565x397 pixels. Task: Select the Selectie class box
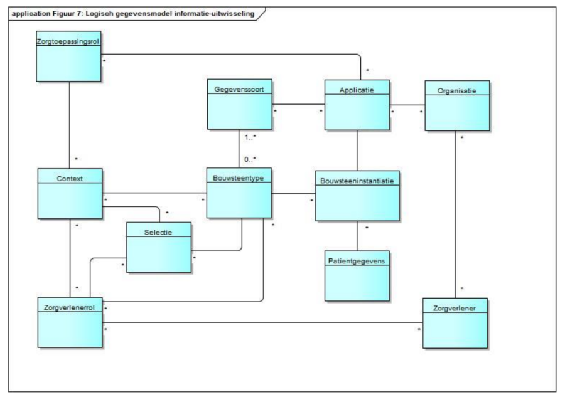coord(158,248)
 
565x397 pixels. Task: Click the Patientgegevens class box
coord(357,276)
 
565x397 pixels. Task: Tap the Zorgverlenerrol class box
coord(69,322)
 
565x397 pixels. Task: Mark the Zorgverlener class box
coord(454,322)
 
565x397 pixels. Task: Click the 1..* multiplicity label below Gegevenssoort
coord(249,137)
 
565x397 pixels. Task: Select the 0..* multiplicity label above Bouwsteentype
coord(249,159)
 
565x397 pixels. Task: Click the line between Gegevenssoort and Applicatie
coord(298,104)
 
